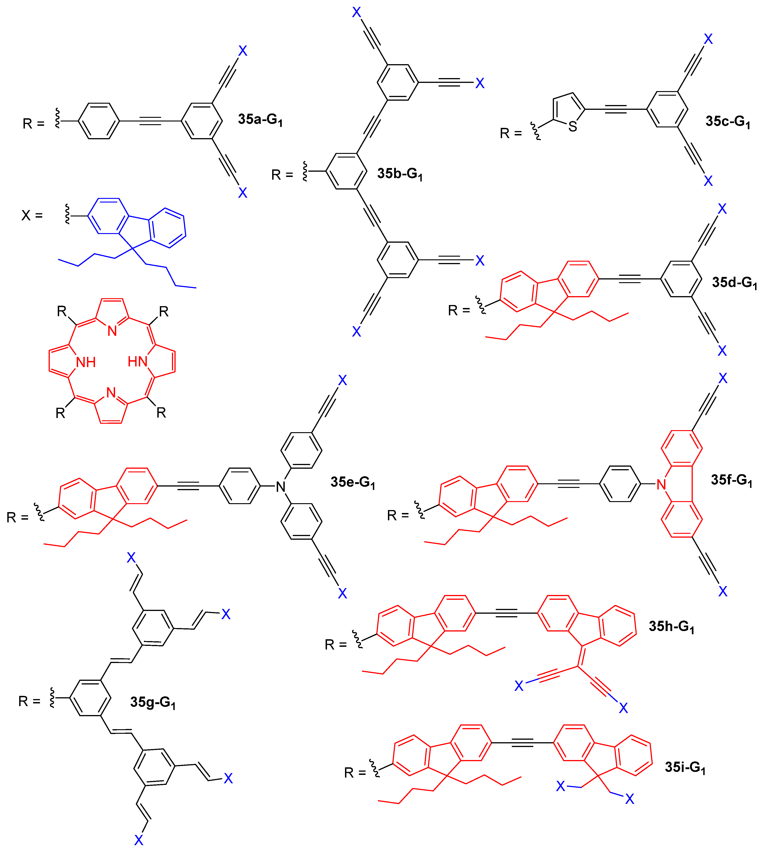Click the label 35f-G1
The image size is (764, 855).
point(731,480)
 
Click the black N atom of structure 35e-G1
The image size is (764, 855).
point(280,487)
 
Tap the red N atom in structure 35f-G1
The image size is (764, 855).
point(661,485)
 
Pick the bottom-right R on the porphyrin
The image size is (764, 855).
point(161,413)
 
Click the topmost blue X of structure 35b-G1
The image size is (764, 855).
point(356,12)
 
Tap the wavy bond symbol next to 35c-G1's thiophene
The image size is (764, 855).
point(535,131)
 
